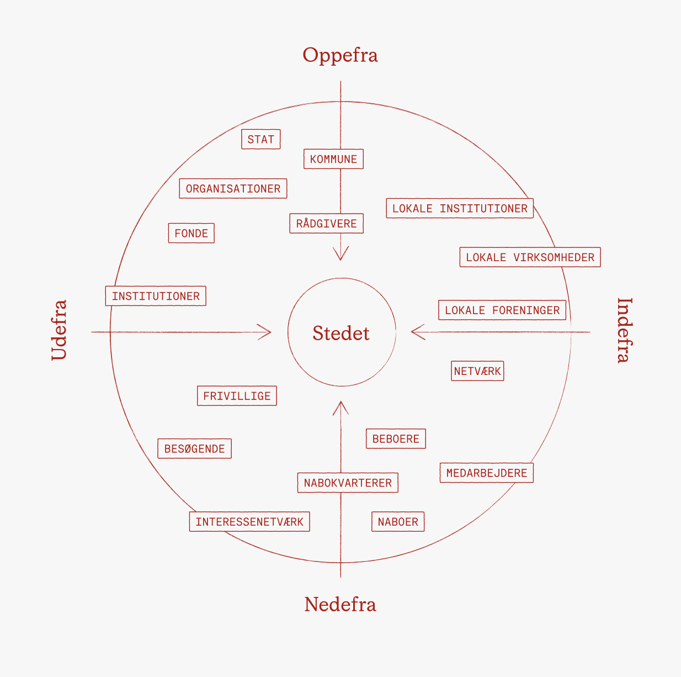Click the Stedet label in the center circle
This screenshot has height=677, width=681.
[x=341, y=333]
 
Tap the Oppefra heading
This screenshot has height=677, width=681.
[x=340, y=55]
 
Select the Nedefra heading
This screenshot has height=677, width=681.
[x=340, y=604]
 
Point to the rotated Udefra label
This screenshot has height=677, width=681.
[x=58, y=330]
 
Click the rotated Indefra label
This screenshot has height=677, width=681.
[x=624, y=330]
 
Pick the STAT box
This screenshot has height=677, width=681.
[x=261, y=139]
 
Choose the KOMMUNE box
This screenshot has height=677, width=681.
[x=333, y=159]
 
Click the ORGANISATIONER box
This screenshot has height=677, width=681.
[x=233, y=188]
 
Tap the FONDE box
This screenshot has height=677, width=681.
[x=191, y=233]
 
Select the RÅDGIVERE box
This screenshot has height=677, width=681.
[x=326, y=224]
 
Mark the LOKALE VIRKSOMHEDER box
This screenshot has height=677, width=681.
[x=530, y=257]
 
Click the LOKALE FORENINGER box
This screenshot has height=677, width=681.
[x=502, y=310]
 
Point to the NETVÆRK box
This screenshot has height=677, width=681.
[x=477, y=371]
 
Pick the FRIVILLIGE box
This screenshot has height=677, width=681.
[x=237, y=396]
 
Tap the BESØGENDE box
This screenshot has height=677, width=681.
[x=194, y=448]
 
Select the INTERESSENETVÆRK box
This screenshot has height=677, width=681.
[x=249, y=522]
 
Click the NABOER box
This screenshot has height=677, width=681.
[x=398, y=522]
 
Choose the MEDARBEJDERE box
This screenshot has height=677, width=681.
[x=486, y=473]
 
